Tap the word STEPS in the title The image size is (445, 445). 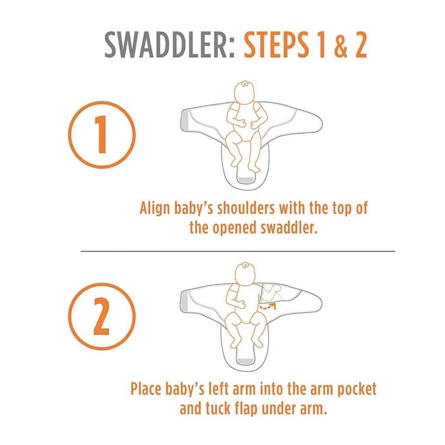276,45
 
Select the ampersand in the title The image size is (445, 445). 341,45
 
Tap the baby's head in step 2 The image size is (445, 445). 245,273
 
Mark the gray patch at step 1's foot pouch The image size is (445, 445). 246,180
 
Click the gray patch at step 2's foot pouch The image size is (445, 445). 246,361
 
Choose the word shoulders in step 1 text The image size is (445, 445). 246,209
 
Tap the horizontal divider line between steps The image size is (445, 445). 238,251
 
